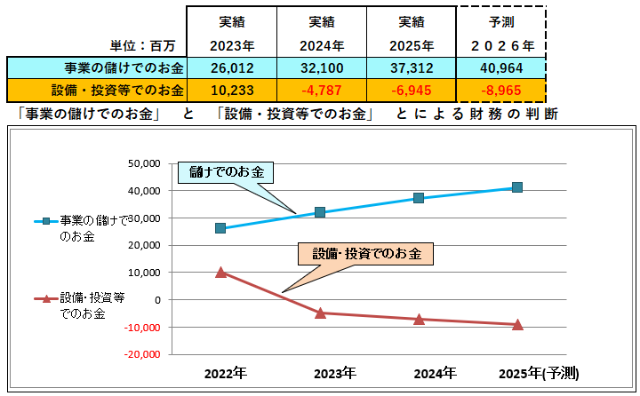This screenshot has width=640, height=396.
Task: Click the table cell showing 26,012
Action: pos(232,67)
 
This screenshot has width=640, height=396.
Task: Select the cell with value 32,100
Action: pos(321,67)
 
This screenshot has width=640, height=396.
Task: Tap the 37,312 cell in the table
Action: pos(410,67)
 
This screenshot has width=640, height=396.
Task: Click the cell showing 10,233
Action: pos(232,90)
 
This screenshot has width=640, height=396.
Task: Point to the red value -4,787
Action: pos(321,90)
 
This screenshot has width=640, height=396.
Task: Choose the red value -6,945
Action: pos(410,90)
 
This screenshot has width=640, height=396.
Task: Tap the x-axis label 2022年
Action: pos(225,373)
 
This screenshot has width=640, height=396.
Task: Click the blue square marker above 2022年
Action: pos(220,228)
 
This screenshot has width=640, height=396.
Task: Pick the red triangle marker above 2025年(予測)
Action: pos(517,324)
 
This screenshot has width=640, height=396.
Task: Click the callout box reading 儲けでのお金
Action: pos(227,171)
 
